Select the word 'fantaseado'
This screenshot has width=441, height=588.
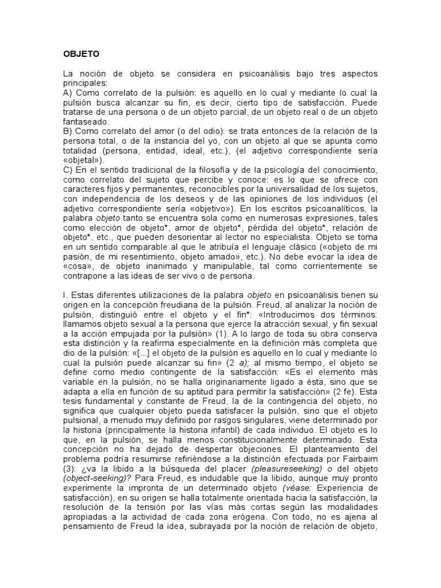pyautogui.click(x=84, y=122)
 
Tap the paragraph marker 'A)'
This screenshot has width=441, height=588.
pyautogui.click(x=68, y=92)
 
